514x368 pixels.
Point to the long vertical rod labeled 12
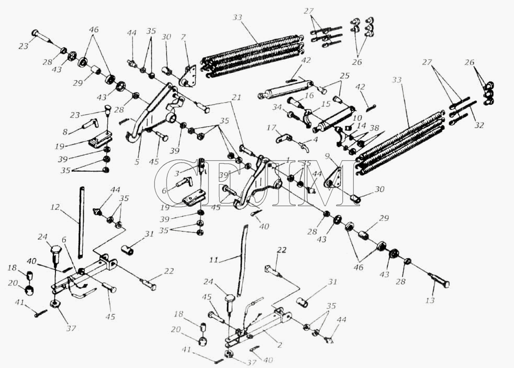[x=81, y=220]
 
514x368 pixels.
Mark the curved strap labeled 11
[x=242, y=257]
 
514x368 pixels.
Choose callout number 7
[x=183, y=37]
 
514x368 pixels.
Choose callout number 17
[x=271, y=127]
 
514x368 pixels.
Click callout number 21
[x=236, y=98]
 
